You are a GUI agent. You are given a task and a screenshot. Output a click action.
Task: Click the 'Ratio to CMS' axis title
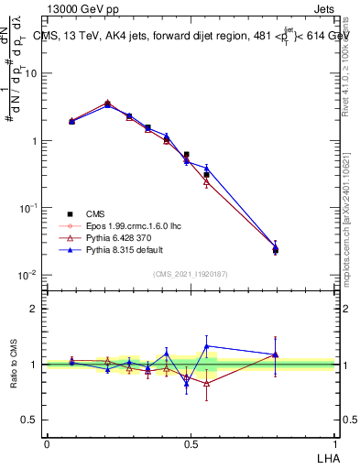[14, 364]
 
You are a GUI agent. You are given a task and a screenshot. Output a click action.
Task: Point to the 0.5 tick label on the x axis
[190, 443]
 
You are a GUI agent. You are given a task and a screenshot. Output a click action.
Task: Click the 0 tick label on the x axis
[47, 443]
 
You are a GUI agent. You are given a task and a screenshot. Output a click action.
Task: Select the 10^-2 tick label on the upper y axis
[29, 275]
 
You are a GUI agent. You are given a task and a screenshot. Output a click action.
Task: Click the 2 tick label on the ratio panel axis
[35, 309]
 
